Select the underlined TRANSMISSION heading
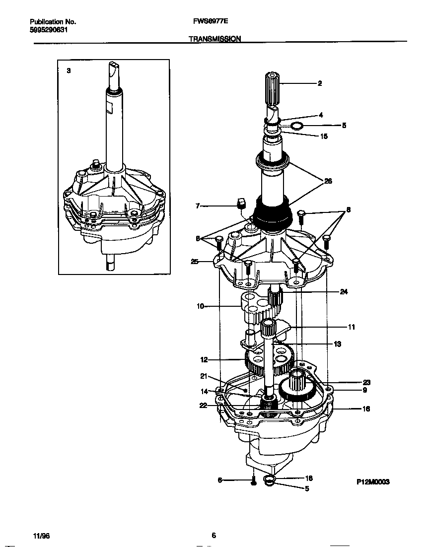[214, 39]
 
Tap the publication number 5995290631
[49, 29]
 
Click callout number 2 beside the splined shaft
[320, 83]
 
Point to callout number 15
[324, 136]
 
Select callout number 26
[328, 181]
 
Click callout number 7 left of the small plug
[198, 205]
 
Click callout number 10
[201, 307]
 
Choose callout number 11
[351, 327]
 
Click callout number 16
[365, 409]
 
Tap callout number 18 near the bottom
[308, 478]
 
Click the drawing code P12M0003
[373, 481]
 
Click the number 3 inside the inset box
[69, 71]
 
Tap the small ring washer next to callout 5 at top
[296, 126]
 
